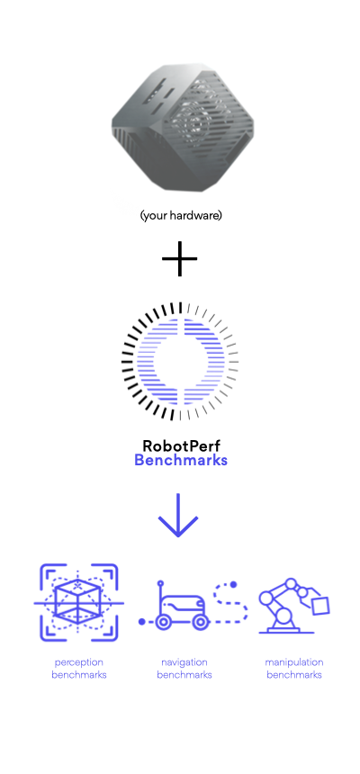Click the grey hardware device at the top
point(183,128)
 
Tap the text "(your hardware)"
point(181,216)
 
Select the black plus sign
point(180,258)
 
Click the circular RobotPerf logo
point(180,361)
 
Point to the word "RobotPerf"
point(181,445)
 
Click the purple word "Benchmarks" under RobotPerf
point(181,461)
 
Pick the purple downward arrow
point(178,515)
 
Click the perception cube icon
point(78,603)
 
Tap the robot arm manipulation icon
point(293,606)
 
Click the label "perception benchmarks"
point(79,669)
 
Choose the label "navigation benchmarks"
point(184,669)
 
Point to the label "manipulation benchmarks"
point(294,669)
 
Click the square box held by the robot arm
point(321,606)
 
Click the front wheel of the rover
point(200,622)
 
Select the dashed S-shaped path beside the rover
point(230,603)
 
